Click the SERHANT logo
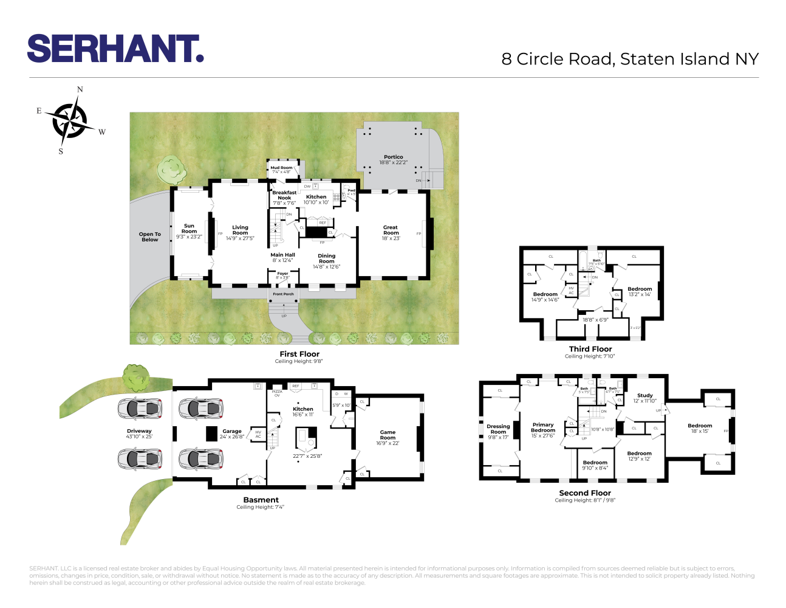click(115, 49)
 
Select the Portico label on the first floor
click(394, 157)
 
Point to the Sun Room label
click(189, 229)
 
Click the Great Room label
click(391, 230)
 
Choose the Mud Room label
click(281, 168)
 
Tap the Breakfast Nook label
click(284, 195)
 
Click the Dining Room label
click(326, 259)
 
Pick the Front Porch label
click(283, 294)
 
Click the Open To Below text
click(149, 237)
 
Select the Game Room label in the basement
click(388, 435)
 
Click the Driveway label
click(139, 431)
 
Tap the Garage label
click(232, 431)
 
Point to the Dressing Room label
click(498, 429)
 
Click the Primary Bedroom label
click(543, 427)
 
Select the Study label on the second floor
click(645, 395)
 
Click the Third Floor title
click(590, 349)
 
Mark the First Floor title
click(299, 354)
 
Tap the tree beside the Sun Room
click(171, 169)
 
